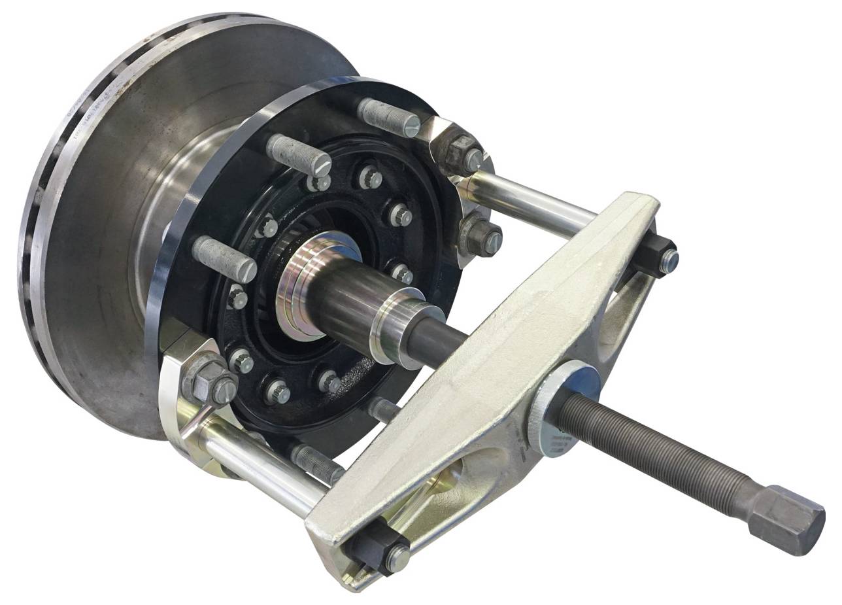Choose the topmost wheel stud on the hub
pos(389,116)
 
